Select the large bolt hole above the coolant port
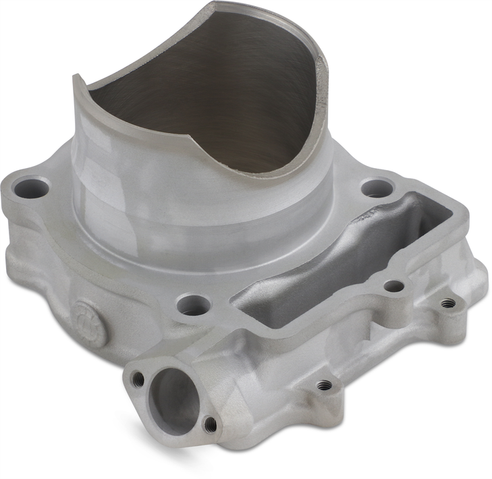190,305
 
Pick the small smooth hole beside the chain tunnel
394,286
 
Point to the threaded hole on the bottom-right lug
325,385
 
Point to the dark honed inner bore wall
202,101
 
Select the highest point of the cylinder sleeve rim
223,5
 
